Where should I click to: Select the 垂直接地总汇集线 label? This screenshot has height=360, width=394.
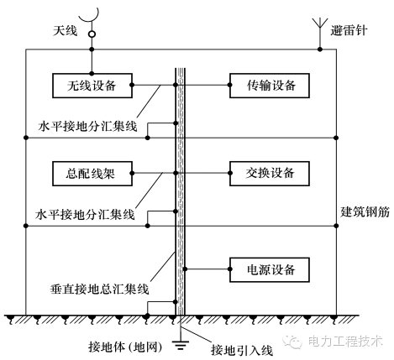(99, 288)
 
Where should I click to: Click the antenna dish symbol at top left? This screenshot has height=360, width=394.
(82, 12)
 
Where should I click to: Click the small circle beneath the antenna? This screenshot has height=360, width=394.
(82, 34)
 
